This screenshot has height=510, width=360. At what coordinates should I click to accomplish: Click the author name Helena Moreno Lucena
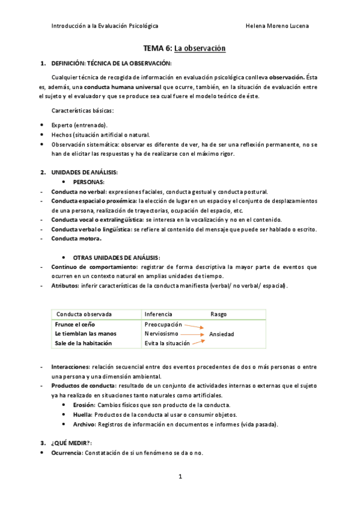[278, 26]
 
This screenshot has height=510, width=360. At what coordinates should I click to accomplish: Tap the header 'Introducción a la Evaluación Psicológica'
[105, 26]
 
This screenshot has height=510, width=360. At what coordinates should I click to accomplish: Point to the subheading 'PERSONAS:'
[89, 182]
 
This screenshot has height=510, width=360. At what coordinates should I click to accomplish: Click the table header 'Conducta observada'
[84, 314]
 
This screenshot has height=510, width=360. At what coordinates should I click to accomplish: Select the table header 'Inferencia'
[158, 314]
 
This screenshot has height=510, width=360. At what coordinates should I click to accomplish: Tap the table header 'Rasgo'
[218, 314]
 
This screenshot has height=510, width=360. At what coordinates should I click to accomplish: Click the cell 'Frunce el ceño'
[76, 324]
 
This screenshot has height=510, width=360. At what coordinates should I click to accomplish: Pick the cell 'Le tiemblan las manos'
[85, 333]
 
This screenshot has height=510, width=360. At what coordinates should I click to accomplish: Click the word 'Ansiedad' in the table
[222, 334]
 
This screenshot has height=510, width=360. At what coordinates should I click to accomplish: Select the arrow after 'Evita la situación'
[199, 342]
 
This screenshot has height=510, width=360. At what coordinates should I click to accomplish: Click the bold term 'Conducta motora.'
[76, 238]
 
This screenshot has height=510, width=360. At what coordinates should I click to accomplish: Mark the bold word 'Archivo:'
[84, 424]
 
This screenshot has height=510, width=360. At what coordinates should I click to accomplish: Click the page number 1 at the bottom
[180, 477]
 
